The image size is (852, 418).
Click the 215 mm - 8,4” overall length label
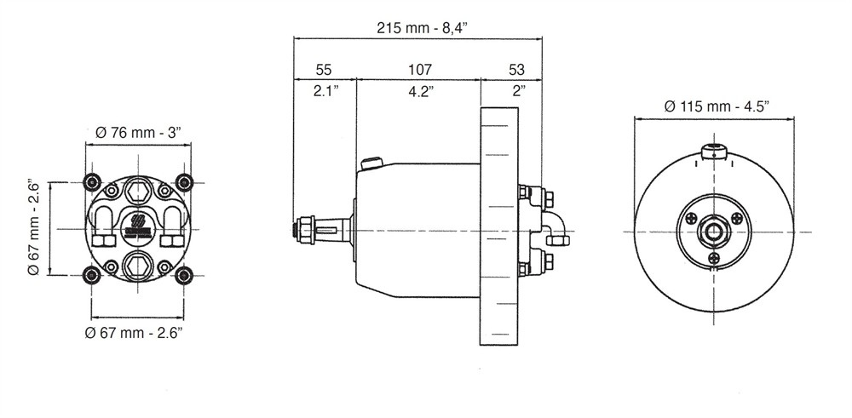coord(418,28)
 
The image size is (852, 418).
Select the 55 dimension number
coord(323,70)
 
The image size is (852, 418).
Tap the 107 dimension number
coord(420,70)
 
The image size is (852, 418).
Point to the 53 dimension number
coord(517,70)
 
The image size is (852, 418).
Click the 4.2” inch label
coord(421,90)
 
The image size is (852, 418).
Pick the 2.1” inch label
coord(325,90)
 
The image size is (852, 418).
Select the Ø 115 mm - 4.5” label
coord(717,106)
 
